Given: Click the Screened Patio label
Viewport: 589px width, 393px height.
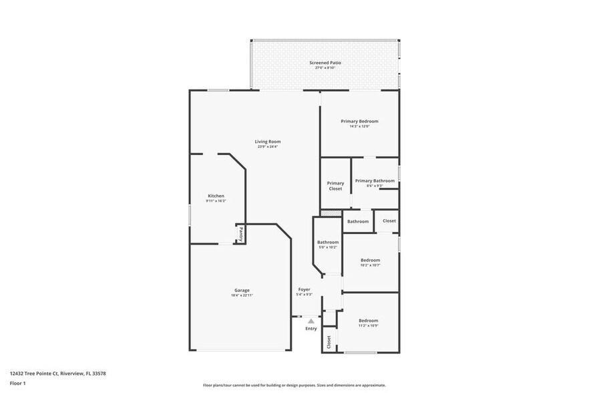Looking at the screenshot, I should point(325,63).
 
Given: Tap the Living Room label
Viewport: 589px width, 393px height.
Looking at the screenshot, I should point(267,141).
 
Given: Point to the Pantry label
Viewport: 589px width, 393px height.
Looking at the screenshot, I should point(240,234).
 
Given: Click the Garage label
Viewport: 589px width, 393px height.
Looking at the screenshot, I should point(242,290).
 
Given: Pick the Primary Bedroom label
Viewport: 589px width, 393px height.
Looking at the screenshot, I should point(359,121).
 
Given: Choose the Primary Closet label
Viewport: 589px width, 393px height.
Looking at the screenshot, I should point(335,186).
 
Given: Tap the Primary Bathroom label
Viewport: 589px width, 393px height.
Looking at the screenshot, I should point(375,180).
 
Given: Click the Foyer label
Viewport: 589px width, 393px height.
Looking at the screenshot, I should point(305,289).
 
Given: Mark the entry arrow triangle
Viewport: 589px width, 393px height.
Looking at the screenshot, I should point(311,321).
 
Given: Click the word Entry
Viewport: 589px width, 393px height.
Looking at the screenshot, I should point(311,329).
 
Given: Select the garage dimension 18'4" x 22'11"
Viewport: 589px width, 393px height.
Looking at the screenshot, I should point(242,295).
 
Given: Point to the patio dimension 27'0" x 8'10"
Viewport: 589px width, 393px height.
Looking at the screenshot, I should point(325,68).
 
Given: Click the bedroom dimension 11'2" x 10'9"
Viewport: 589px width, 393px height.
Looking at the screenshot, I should point(368,325).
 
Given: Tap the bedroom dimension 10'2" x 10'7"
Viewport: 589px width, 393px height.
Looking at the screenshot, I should point(370,265).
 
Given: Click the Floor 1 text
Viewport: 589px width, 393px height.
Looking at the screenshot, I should point(17,383).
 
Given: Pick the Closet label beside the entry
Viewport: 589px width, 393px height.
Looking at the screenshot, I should point(329,342).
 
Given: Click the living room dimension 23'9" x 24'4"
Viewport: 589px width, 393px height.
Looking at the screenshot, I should point(267,146).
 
